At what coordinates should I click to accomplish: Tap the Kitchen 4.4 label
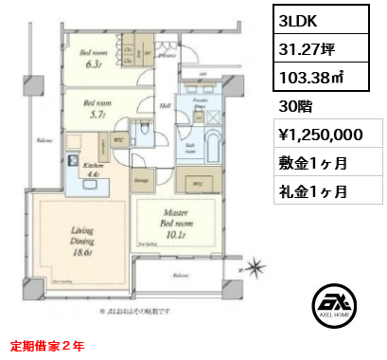point(79,168)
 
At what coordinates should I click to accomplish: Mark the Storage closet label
point(141,178)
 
